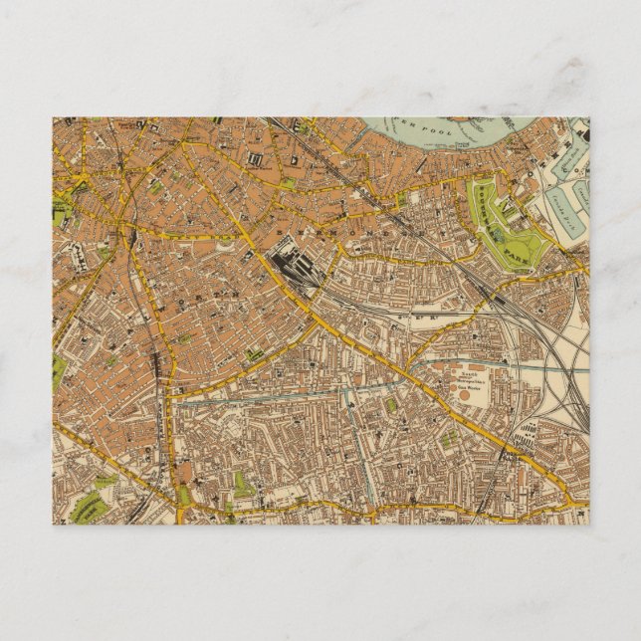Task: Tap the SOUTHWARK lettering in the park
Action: (x=490, y=203)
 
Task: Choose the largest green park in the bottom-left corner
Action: (x=88, y=504)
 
